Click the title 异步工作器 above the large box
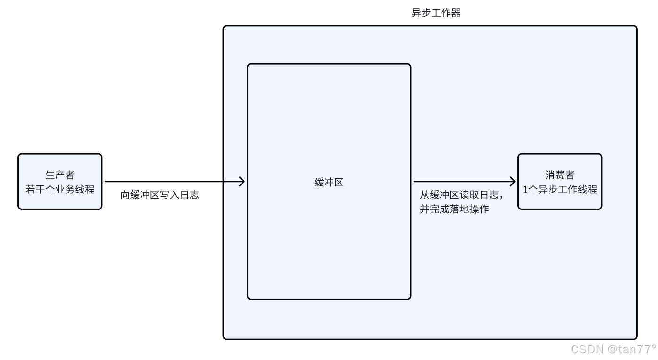(x=436, y=13)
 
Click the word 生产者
(x=60, y=175)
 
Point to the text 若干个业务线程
(x=60, y=190)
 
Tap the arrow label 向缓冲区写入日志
(x=159, y=195)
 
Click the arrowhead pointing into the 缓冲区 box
(x=242, y=181)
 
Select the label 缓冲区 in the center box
(x=329, y=183)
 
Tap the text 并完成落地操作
(x=454, y=209)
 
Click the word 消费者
(x=560, y=175)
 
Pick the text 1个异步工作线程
(x=560, y=190)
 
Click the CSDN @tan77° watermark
(x=613, y=349)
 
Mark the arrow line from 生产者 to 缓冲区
(x=170, y=181)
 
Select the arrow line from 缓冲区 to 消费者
(x=462, y=181)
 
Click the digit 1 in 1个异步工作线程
(x=525, y=190)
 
